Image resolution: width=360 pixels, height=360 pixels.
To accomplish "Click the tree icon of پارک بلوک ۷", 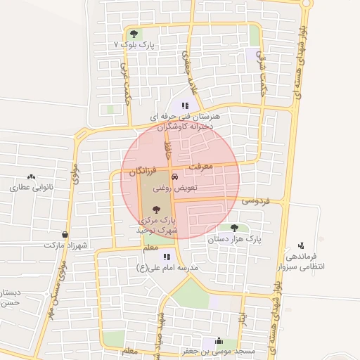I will click(x=134, y=33).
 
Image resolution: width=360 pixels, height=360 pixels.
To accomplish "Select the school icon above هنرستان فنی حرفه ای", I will click(x=185, y=105).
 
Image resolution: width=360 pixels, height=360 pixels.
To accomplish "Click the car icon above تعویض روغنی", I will click(x=174, y=177).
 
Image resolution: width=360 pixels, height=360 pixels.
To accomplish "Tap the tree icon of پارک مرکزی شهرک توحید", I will click(x=155, y=209).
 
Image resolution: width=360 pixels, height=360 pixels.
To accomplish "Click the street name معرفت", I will click(x=201, y=167).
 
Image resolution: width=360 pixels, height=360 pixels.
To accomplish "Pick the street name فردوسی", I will click(x=256, y=201).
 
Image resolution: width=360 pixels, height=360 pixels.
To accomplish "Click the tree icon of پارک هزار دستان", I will click(x=234, y=227).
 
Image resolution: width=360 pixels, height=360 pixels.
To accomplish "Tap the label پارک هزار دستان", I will click(x=234, y=239).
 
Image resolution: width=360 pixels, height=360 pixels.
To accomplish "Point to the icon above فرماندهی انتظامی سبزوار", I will click(x=301, y=245).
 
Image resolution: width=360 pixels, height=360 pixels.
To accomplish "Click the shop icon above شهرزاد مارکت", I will click(x=65, y=234).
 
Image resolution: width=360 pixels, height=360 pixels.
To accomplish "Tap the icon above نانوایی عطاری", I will click(x=30, y=177).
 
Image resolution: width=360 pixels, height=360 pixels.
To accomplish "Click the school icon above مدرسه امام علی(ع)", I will click(x=167, y=257).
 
